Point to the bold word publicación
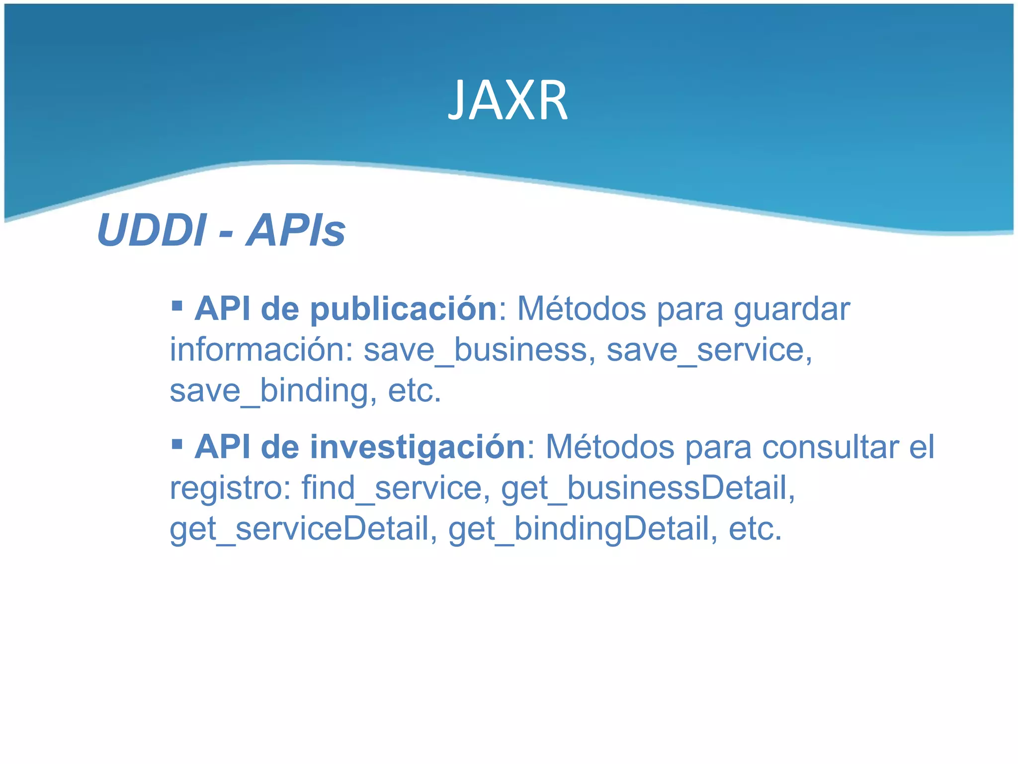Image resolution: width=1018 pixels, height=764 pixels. (404, 309)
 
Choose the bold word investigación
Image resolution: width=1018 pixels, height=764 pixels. (418, 447)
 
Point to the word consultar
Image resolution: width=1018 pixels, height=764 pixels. (830, 447)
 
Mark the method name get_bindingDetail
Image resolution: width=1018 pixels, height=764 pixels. (583, 528)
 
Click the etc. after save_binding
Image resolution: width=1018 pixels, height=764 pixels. (415, 390)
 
